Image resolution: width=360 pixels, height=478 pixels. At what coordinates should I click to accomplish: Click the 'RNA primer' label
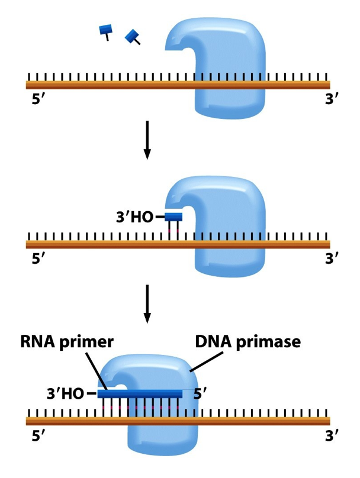[66, 342]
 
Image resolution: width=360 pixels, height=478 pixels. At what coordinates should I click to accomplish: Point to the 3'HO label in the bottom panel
[65, 393]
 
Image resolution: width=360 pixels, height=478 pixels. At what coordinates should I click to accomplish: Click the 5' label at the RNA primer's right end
[200, 393]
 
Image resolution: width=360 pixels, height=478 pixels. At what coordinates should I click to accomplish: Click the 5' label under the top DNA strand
[38, 98]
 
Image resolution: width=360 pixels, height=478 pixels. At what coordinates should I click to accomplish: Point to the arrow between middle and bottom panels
[147, 304]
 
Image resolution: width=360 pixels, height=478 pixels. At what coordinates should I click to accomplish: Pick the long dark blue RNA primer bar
[140, 393]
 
